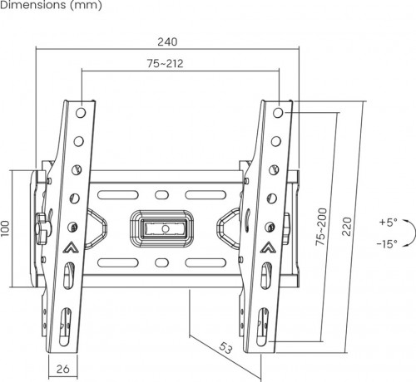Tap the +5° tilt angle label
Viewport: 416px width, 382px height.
[x=389, y=223]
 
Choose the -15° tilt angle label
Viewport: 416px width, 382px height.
[x=387, y=244]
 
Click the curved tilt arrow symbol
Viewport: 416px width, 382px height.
[x=408, y=233]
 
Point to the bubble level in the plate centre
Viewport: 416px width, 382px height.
[x=165, y=226]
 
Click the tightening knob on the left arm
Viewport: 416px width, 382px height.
[x=42, y=226]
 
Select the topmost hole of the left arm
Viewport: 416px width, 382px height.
[x=80, y=111]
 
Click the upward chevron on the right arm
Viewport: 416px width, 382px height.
[x=268, y=247]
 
